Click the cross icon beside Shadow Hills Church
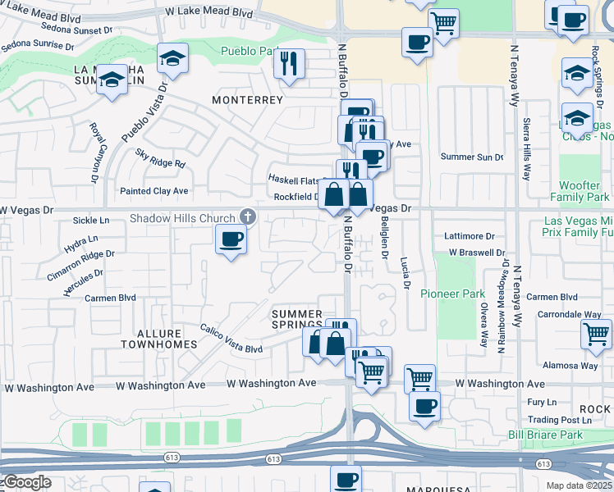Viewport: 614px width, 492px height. pos(247,217)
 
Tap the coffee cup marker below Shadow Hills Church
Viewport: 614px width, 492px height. pos(231,239)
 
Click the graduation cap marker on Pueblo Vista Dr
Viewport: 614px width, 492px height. pos(173,57)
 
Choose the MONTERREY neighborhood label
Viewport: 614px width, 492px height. pos(247,99)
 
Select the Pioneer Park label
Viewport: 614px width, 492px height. pos(449,294)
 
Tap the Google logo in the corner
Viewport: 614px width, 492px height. pos(27,482)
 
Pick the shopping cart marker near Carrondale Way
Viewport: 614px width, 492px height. pos(595,333)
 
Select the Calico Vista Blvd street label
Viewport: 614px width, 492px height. pos(231,337)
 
